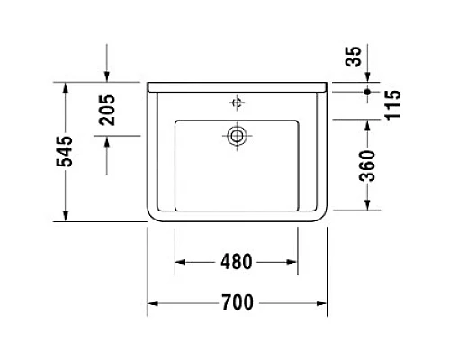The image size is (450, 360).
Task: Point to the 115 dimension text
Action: click(391, 106)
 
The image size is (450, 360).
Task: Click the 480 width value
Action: click(235, 262)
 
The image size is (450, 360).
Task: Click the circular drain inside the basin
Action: click(238, 136)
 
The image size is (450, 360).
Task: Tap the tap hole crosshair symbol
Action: click(238, 103)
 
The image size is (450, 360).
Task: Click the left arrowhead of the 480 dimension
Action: click(177, 262)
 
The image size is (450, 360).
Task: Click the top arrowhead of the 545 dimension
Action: click(66, 85)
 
